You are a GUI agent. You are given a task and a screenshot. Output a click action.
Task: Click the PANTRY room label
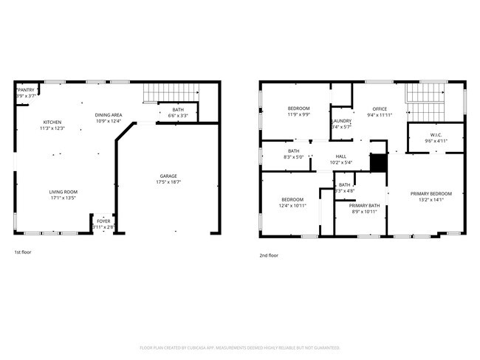[x=27, y=92]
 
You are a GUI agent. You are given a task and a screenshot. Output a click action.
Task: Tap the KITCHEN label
[x=52, y=122]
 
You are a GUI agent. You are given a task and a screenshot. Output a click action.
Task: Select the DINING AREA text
[x=109, y=115]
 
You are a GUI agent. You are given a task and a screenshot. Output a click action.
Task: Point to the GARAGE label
[x=168, y=176]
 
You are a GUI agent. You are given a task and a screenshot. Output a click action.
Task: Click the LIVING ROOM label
[x=64, y=192]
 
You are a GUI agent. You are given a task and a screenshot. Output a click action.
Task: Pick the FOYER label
[x=103, y=221]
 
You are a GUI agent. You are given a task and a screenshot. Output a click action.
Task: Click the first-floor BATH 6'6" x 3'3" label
[x=178, y=110]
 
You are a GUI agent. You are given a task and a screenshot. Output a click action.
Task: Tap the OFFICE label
[x=380, y=109]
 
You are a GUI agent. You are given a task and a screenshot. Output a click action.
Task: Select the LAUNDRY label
[x=341, y=121]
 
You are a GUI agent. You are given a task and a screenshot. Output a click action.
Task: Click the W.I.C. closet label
[x=436, y=135]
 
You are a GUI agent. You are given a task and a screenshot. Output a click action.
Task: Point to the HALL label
[x=341, y=156]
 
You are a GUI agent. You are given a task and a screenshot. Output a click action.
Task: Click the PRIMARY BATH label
[x=364, y=207]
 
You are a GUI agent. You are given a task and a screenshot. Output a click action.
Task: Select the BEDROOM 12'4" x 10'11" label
[x=292, y=200]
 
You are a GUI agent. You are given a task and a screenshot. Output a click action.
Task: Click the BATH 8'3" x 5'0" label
[x=294, y=151]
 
